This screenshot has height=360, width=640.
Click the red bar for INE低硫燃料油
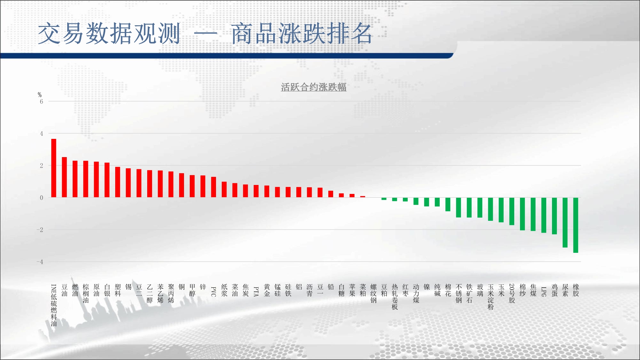point(54,168)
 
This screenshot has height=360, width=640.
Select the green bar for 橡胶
point(576,225)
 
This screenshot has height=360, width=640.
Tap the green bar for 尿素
point(565,222)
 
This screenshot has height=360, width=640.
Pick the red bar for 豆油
point(64,177)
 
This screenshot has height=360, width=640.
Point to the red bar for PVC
point(213,187)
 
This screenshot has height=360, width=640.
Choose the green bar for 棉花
point(448,204)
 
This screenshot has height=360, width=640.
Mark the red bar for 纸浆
point(224,189)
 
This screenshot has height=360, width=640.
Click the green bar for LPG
point(544,215)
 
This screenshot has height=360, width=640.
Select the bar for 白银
point(107,180)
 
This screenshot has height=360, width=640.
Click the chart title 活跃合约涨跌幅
point(314,87)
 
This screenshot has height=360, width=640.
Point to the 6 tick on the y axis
point(41,101)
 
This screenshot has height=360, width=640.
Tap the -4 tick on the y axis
point(40,262)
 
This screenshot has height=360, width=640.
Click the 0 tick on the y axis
point(41,198)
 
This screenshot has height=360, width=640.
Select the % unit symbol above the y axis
point(40,95)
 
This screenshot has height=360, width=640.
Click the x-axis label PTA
point(256,292)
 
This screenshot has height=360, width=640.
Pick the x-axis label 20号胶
point(512,293)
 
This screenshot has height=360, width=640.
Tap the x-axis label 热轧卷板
point(395,297)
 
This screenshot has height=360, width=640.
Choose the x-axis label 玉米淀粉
point(491,297)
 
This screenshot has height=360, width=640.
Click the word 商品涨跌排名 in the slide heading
point(301,33)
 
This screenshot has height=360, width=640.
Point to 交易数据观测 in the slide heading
point(109,33)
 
